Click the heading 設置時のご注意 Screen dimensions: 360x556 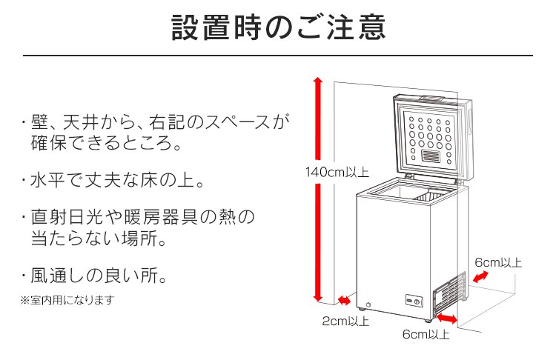point(278,27)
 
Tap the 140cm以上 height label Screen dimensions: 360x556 point(337,173)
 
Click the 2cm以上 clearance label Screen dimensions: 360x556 point(345,321)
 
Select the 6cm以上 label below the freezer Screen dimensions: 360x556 point(426,335)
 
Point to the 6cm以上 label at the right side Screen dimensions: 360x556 point(498,262)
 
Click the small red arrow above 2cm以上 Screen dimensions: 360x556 point(345,300)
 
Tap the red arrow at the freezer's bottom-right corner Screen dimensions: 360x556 point(447,318)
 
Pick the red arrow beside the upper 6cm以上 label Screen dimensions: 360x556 point(481,276)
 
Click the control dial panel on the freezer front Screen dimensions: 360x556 point(413,302)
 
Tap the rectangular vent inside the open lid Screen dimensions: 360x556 point(431,157)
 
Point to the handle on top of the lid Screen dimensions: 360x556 point(431,99)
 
